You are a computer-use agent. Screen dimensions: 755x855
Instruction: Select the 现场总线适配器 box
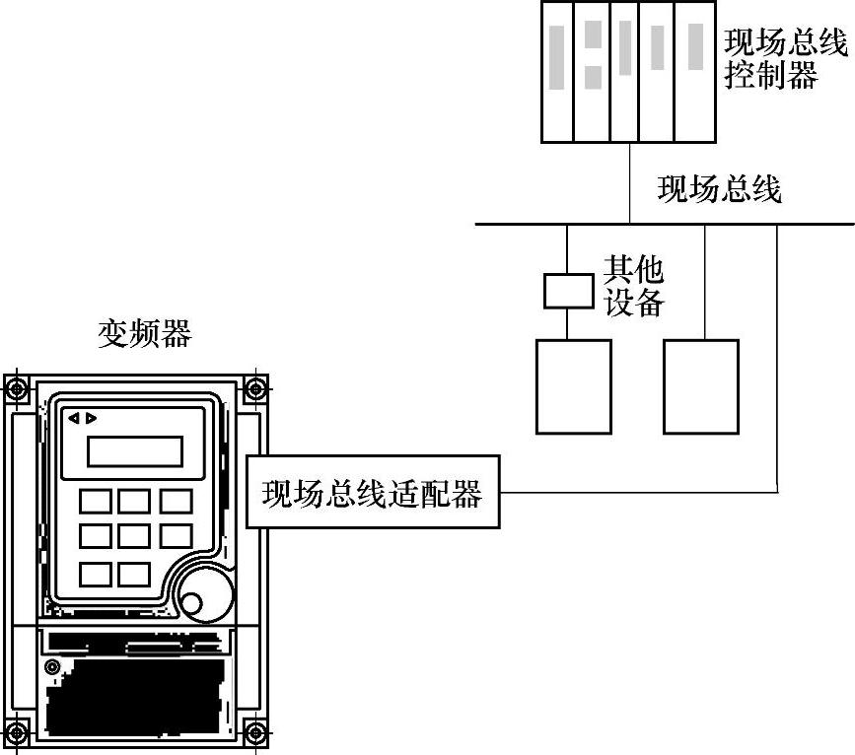(x=372, y=492)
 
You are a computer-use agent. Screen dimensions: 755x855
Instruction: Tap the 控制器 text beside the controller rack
(x=772, y=75)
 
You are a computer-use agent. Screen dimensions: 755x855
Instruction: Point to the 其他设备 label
(x=633, y=286)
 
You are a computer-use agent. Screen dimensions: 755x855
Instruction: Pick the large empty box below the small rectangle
(x=573, y=386)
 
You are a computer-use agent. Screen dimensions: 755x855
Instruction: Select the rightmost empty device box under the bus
(x=701, y=386)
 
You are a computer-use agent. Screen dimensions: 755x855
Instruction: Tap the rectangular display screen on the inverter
(x=135, y=451)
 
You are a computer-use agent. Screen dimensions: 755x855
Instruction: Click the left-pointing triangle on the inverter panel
(x=73, y=418)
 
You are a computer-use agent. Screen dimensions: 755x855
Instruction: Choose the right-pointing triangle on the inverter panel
(x=92, y=418)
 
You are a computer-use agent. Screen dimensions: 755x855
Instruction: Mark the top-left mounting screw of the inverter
(x=17, y=388)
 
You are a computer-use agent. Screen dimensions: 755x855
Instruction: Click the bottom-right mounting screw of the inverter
(x=254, y=733)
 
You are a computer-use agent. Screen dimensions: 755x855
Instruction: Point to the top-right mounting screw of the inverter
(x=254, y=388)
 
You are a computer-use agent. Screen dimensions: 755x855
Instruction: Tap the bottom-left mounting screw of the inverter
(x=17, y=733)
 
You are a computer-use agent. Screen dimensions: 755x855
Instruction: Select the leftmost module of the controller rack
(x=558, y=71)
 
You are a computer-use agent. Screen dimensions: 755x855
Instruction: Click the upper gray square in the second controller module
(x=594, y=33)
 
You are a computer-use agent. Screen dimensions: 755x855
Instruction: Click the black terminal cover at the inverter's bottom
(x=138, y=696)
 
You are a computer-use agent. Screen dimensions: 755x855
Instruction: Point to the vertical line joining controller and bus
(x=629, y=182)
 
